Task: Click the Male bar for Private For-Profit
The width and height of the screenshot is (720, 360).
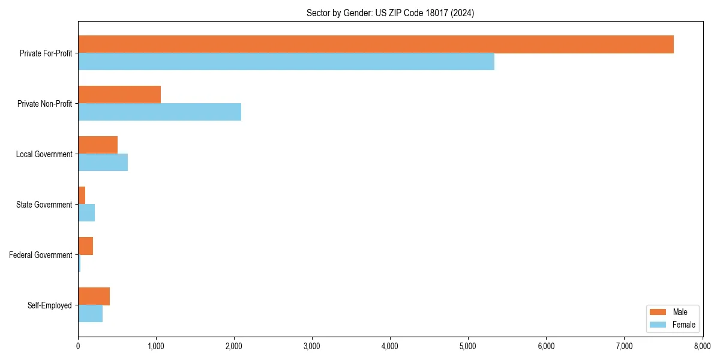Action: pyautogui.click(x=376, y=44)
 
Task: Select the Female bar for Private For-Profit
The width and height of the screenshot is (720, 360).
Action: pyautogui.click(x=286, y=61)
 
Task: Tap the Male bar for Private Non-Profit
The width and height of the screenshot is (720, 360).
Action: pyautogui.click(x=119, y=95)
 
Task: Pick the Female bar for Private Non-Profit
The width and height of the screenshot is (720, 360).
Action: pyautogui.click(x=160, y=112)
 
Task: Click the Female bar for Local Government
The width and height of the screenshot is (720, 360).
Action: pyautogui.click(x=103, y=162)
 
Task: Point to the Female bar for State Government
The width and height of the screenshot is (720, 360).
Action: pyautogui.click(x=86, y=212)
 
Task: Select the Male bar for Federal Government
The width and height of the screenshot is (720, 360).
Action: pyautogui.click(x=85, y=246)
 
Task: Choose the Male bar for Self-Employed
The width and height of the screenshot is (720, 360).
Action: pyautogui.click(x=94, y=296)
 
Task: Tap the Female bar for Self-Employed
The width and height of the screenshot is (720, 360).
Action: pyautogui.click(x=90, y=313)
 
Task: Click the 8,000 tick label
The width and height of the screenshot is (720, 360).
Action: pyautogui.click(x=702, y=346)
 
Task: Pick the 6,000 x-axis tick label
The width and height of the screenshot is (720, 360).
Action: pyautogui.click(x=546, y=346)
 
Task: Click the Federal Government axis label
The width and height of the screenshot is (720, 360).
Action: pyautogui.click(x=41, y=255)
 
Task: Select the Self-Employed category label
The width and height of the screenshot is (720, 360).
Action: pyautogui.click(x=50, y=305)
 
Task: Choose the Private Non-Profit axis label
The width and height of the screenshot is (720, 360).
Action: pyautogui.click(x=44, y=104)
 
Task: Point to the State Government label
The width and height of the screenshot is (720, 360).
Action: pyautogui.click(x=44, y=205)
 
